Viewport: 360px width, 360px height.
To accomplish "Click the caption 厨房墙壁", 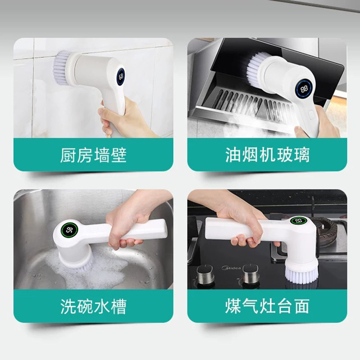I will [93, 155].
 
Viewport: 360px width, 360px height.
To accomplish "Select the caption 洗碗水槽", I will [93, 306].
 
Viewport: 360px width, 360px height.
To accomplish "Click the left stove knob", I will [205, 274].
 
